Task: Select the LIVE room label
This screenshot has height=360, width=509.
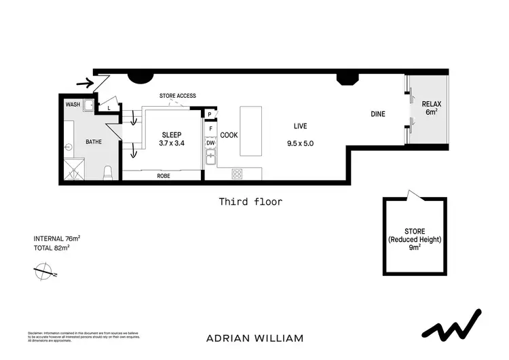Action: pos(300,126)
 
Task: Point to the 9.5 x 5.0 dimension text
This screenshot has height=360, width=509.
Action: pos(300,143)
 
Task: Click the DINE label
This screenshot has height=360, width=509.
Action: pos(377,114)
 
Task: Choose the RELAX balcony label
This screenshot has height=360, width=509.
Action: pos(432,104)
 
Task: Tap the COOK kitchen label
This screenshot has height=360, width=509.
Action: pos(229,135)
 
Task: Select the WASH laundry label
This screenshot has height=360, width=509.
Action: pos(73,105)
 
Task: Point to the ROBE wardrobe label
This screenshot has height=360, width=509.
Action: pos(163,176)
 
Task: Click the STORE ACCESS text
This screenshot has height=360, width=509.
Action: pos(177,96)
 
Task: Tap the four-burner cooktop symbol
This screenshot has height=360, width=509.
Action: pos(237,173)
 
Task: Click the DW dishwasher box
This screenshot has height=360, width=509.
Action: pos(210,143)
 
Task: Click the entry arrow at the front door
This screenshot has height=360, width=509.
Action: pos(84,84)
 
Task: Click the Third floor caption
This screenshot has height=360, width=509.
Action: pos(250,201)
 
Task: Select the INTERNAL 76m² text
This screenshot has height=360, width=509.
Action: pos(57,238)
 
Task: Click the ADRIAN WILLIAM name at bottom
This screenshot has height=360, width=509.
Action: pos(254,338)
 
